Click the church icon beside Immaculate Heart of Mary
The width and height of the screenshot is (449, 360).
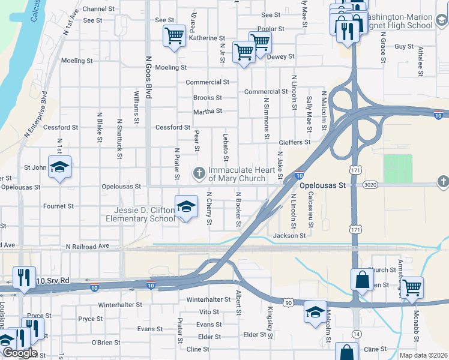(199, 174)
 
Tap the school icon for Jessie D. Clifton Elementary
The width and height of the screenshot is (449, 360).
(186, 207)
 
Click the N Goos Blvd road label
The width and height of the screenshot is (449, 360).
(148, 82)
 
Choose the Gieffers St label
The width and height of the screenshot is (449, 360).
(295, 142)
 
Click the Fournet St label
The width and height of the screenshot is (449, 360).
(59, 206)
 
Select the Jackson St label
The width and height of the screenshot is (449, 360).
(289, 236)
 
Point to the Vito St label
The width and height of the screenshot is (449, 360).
(209, 312)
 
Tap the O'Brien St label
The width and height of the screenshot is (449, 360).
(106, 343)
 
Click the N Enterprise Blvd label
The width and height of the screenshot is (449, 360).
(35, 115)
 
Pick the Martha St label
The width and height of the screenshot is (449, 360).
(208, 112)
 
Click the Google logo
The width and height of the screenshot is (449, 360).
(19, 353)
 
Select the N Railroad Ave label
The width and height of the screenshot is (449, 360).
(88, 247)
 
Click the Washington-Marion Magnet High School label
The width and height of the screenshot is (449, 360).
(399, 22)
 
